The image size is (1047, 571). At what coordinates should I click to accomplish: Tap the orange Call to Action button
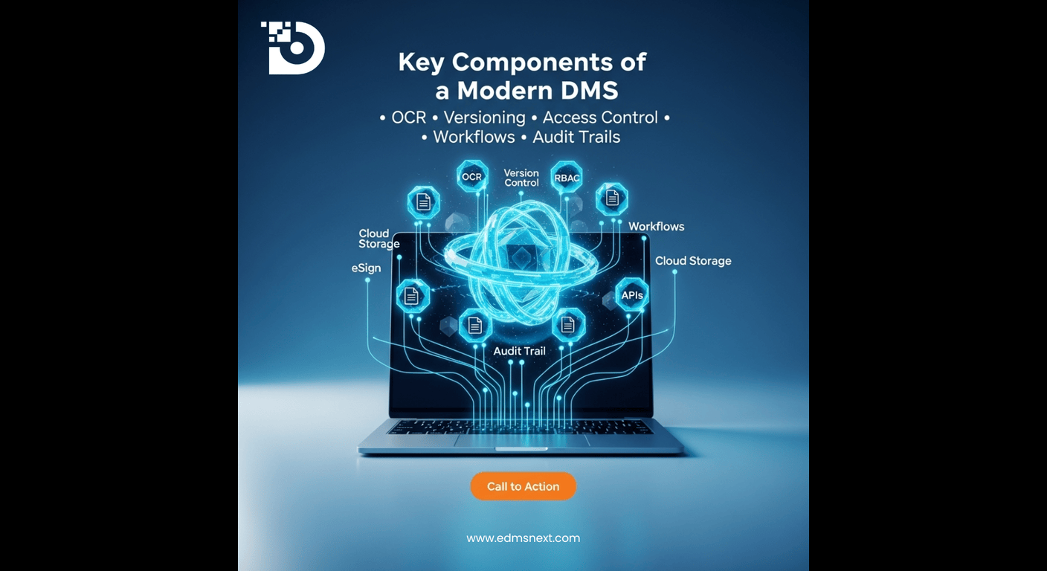point(523,486)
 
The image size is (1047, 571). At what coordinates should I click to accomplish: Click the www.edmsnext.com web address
point(523,538)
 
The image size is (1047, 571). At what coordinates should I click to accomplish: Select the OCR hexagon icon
point(472,177)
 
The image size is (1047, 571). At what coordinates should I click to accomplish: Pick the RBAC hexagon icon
point(566,178)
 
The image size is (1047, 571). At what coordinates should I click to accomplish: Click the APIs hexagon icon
point(632,295)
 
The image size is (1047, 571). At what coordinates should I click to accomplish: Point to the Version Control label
point(521,178)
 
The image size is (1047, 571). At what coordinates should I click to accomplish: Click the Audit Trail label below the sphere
point(519,350)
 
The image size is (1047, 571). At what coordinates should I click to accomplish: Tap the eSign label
point(366,268)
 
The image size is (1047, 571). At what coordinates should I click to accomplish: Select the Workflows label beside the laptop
point(656,226)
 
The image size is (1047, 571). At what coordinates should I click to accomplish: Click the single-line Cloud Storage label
point(692,261)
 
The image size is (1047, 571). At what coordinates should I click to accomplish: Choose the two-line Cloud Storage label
point(378,239)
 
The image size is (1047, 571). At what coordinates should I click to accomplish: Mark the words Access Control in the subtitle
point(600,117)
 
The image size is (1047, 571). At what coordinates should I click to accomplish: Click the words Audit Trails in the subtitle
point(576,137)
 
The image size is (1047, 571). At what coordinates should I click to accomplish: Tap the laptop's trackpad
point(520,441)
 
